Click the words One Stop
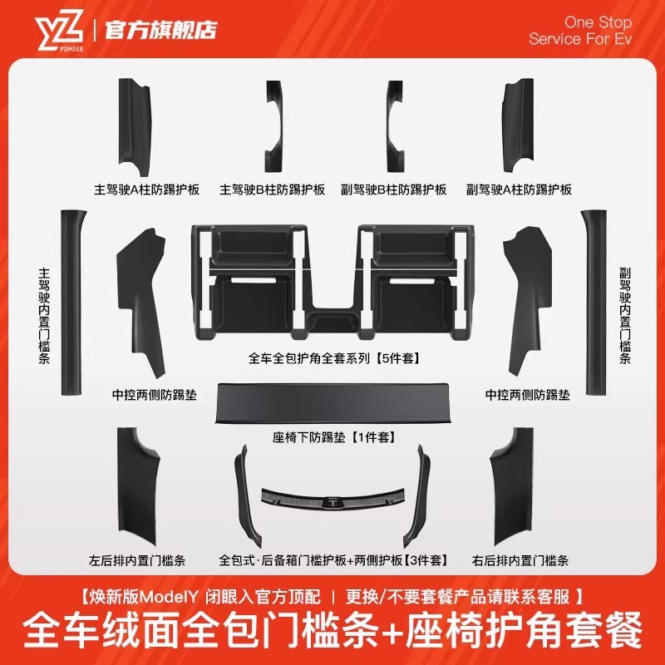tap(597, 22)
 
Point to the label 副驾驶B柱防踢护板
tap(394, 190)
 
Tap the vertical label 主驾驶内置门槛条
tap(44, 316)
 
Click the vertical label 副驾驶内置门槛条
tap(625, 316)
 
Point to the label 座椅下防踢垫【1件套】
tap(333, 436)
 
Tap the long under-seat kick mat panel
tap(332, 403)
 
